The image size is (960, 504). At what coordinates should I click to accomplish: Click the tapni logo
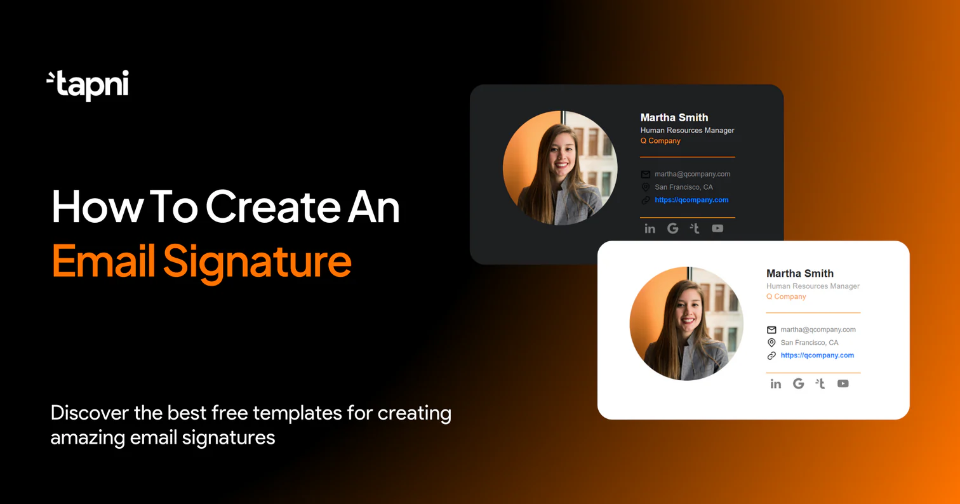pyautogui.click(x=88, y=85)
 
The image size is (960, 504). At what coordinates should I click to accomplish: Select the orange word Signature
pyautogui.click(x=257, y=260)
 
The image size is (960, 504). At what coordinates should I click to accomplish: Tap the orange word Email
pyautogui.click(x=103, y=260)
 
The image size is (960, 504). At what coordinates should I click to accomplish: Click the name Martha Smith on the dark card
pyautogui.click(x=674, y=117)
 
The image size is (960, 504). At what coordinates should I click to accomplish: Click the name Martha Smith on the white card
pyautogui.click(x=799, y=274)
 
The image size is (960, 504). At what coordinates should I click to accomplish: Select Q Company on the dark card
pyautogui.click(x=660, y=141)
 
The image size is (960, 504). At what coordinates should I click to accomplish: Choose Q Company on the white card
pyautogui.click(x=785, y=296)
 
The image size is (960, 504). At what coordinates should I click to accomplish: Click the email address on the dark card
pyautogui.click(x=692, y=174)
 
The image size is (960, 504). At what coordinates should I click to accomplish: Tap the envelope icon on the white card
pyautogui.click(x=771, y=330)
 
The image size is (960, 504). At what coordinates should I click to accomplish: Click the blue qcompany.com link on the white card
pyautogui.click(x=817, y=355)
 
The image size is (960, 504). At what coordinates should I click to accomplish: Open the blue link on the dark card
pyautogui.click(x=691, y=200)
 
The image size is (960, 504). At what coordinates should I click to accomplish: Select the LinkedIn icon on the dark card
pyautogui.click(x=650, y=229)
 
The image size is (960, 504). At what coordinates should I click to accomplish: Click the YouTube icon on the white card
pyautogui.click(x=843, y=383)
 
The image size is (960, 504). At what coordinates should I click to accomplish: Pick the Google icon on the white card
pyautogui.click(x=798, y=383)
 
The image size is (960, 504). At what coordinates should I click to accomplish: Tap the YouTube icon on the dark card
pyautogui.click(x=717, y=229)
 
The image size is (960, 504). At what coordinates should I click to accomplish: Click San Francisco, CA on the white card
pyautogui.click(x=809, y=343)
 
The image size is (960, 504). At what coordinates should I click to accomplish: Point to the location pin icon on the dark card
pyautogui.click(x=645, y=187)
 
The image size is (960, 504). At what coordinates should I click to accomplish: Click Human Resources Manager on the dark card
pyautogui.click(x=687, y=130)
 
